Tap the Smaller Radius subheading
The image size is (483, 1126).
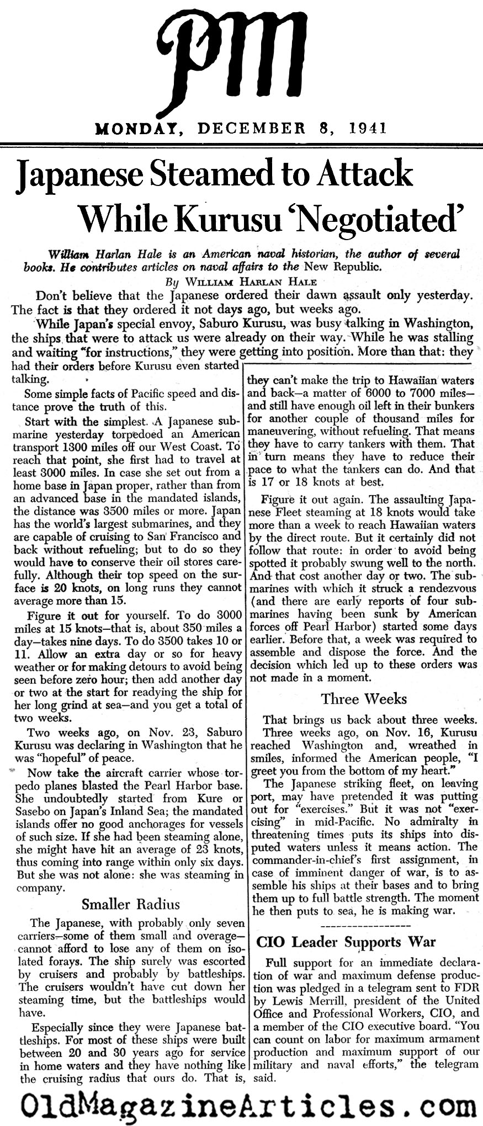point(131,904)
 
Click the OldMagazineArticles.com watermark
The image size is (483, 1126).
point(241,1106)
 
